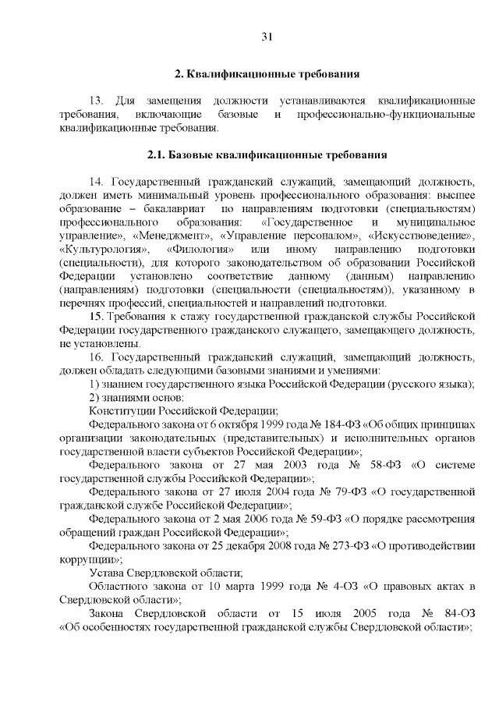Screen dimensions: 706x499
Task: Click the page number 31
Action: click(x=267, y=37)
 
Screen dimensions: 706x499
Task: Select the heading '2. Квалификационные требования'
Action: click(x=266, y=74)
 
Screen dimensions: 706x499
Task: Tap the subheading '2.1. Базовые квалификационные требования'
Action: click(x=267, y=154)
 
